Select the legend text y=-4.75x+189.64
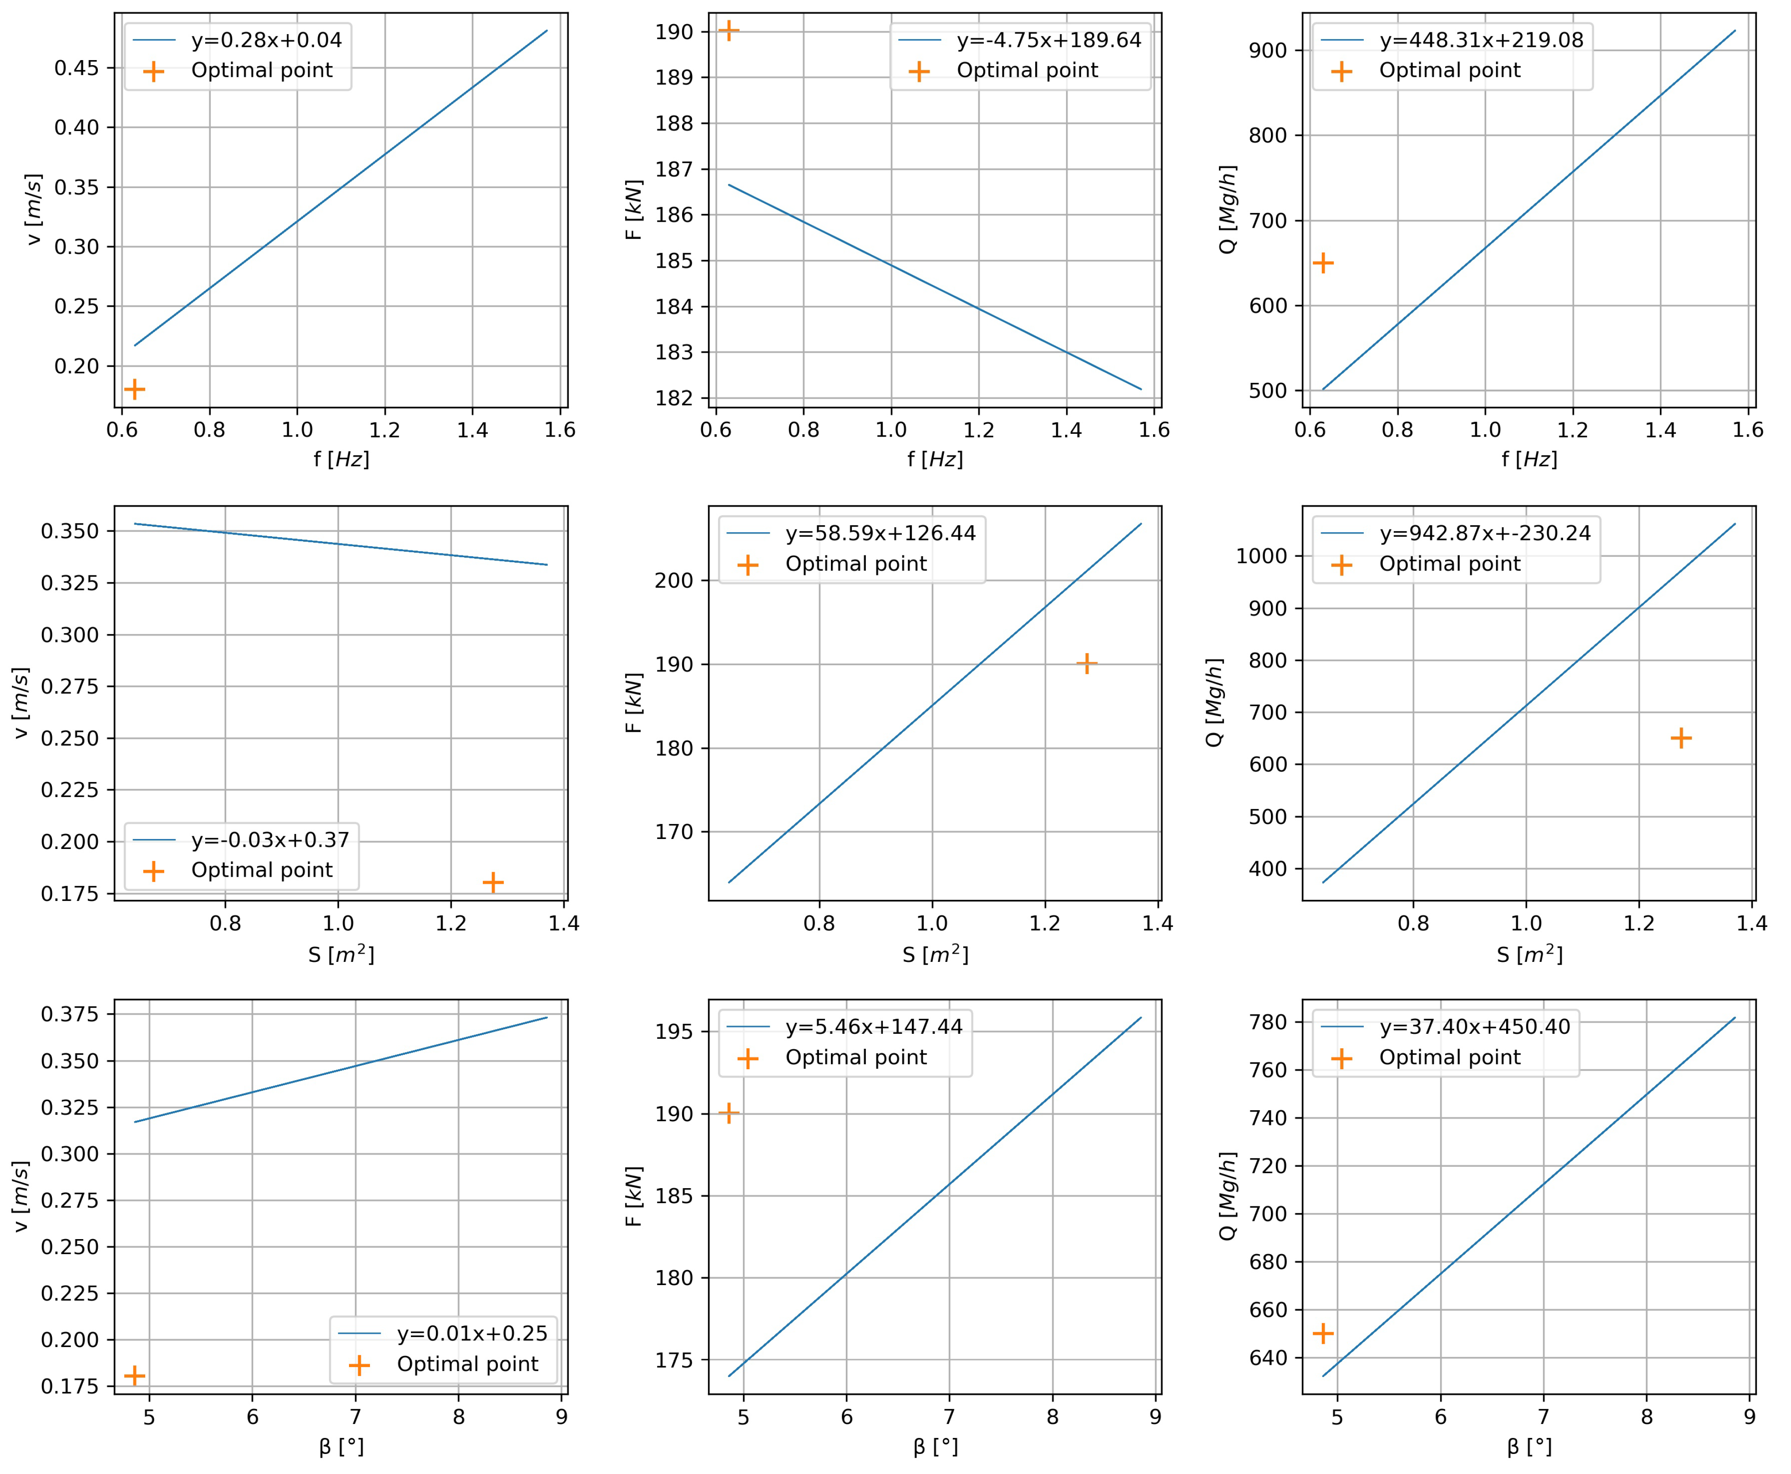pos(1049,40)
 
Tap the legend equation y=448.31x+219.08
pos(1481,40)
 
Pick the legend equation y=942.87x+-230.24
pos(1485,533)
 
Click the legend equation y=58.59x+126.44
pos(880,533)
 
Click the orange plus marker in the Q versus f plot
pos(1322,263)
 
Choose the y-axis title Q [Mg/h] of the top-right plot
pos(1227,210)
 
